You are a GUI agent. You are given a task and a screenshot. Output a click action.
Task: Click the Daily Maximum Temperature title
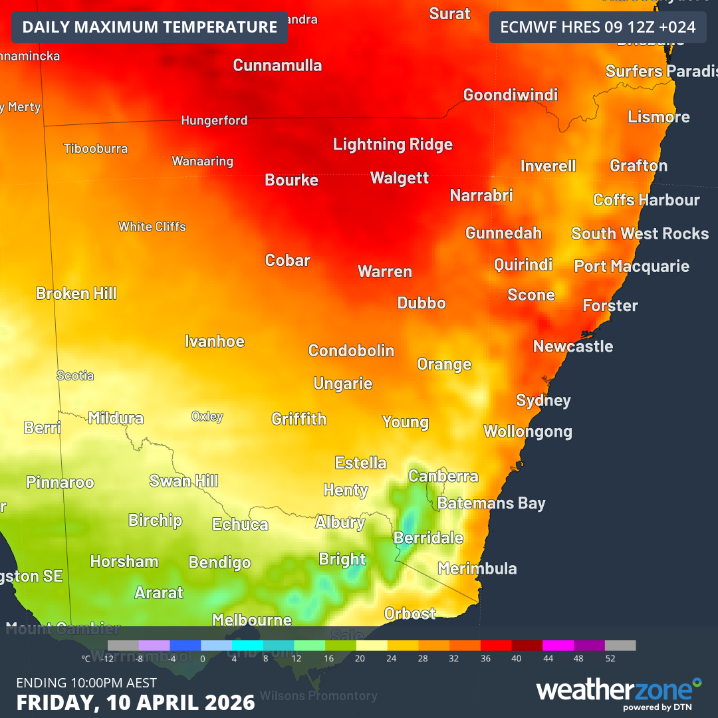tap(150, 27)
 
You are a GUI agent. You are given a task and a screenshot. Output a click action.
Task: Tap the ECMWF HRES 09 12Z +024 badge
tap(597, 27)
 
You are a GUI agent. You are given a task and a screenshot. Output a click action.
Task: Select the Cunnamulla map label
tap(277, 65)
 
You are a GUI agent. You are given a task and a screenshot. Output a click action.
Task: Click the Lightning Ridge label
tap(392, 144)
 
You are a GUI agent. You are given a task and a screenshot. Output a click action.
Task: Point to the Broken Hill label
tap(76, 293)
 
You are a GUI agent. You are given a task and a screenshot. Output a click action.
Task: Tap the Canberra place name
tap(443, 476)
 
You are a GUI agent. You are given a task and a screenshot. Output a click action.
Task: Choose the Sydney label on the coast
tap(543, 400)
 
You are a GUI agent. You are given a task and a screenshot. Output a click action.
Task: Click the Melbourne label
tap(252, 620)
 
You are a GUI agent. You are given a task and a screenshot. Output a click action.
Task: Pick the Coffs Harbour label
tap(646, 199)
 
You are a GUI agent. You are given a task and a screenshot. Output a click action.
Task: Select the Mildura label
tap(116, 418)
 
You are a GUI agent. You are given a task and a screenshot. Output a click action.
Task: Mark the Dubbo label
tap(421, 303)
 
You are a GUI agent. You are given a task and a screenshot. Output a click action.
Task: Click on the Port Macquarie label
tap(632, 266)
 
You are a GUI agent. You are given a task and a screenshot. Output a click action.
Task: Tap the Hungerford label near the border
tap(214, 120)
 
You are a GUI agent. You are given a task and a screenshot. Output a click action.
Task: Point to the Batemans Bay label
tap(491, 503)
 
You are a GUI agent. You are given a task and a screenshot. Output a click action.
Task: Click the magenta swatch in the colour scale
tap(558, 646)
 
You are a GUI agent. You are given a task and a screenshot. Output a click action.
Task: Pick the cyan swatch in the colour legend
tap(248, 646)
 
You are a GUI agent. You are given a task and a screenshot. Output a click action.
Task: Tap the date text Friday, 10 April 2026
tap(136, 702)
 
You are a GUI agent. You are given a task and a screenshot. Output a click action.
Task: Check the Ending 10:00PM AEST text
tap(86, 683)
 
